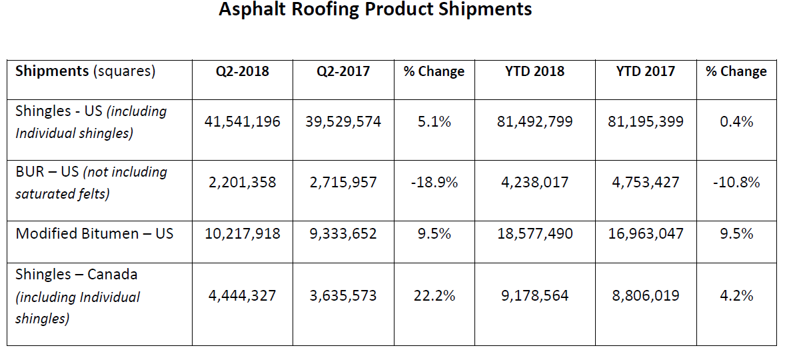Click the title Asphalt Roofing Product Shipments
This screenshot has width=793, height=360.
[375, 10]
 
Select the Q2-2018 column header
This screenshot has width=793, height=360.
[242, 71]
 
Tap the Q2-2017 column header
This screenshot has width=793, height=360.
[343, 71]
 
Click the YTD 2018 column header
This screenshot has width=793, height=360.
[534, 71]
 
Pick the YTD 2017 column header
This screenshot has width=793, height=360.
[645, 71]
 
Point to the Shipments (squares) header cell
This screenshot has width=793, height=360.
[85, 71]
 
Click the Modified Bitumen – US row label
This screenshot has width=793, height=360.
[95, 233]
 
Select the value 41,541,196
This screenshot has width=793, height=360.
[242, 121]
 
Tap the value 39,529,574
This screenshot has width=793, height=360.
[343, 121]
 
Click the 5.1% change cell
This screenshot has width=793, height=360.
[434, 121]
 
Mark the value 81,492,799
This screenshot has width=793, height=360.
[534, 121]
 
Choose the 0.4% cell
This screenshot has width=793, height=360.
[736, 121]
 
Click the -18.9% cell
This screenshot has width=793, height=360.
[434, 182]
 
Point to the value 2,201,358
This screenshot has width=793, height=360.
[242, 182]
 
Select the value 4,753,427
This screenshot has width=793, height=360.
[645, 182]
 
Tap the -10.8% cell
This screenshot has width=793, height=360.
[736, 182]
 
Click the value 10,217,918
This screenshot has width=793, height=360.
[242, 233]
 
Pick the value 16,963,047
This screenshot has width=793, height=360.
[645, 233]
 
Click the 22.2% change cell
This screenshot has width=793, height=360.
[434, 295]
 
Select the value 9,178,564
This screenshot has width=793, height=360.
[534, 295]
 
